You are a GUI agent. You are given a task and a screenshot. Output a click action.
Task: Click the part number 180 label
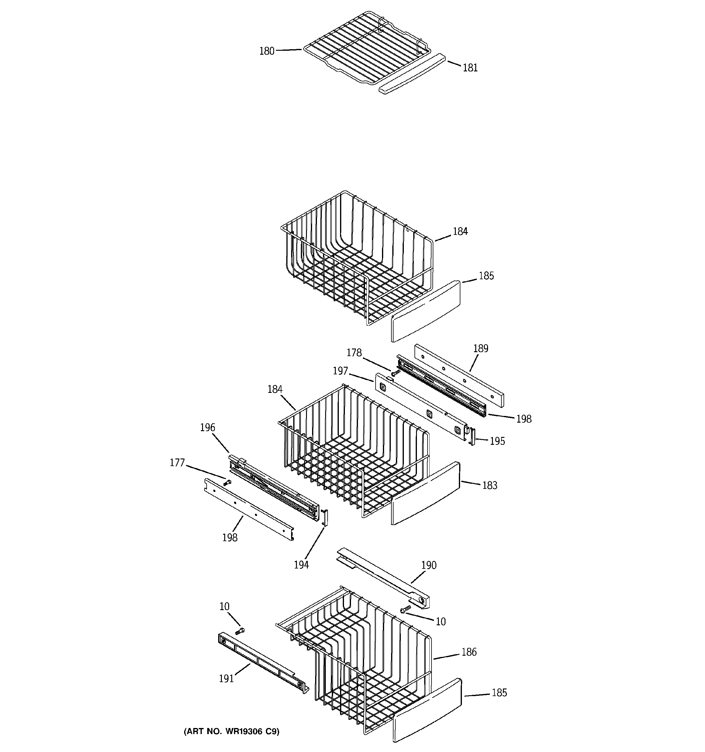pyautogui.click(x=267, y=51)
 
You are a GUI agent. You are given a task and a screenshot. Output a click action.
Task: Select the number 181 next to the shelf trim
pyautogui.click(x=470, y=68)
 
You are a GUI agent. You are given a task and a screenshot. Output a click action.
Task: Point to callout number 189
pyautogui.click(x=481, y=349)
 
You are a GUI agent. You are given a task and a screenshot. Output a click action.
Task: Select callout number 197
pyautogui.click(x=340, y=371)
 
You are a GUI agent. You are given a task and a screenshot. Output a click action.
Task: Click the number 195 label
pyautogui.click(x=497, y=441)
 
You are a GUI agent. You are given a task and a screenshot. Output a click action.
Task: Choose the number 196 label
pyautogui.click(x=207, y=428)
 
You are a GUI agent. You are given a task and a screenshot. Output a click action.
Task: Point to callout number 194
pyautogui.click(x=301, y=565)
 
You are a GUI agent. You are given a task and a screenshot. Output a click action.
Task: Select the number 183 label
pyautogui.click(x=489, y=485)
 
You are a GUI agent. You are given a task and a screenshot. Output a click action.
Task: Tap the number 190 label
pyautogui.click(x=429, y=565)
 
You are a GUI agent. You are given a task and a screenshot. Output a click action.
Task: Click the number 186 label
pyautogui.click(x=469, y=652)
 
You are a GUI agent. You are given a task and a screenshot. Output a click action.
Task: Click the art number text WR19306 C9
pyautogui.click(x=232, y=732)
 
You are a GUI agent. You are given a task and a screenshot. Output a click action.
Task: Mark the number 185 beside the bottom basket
pyautogui.click(x=499, y=693)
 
